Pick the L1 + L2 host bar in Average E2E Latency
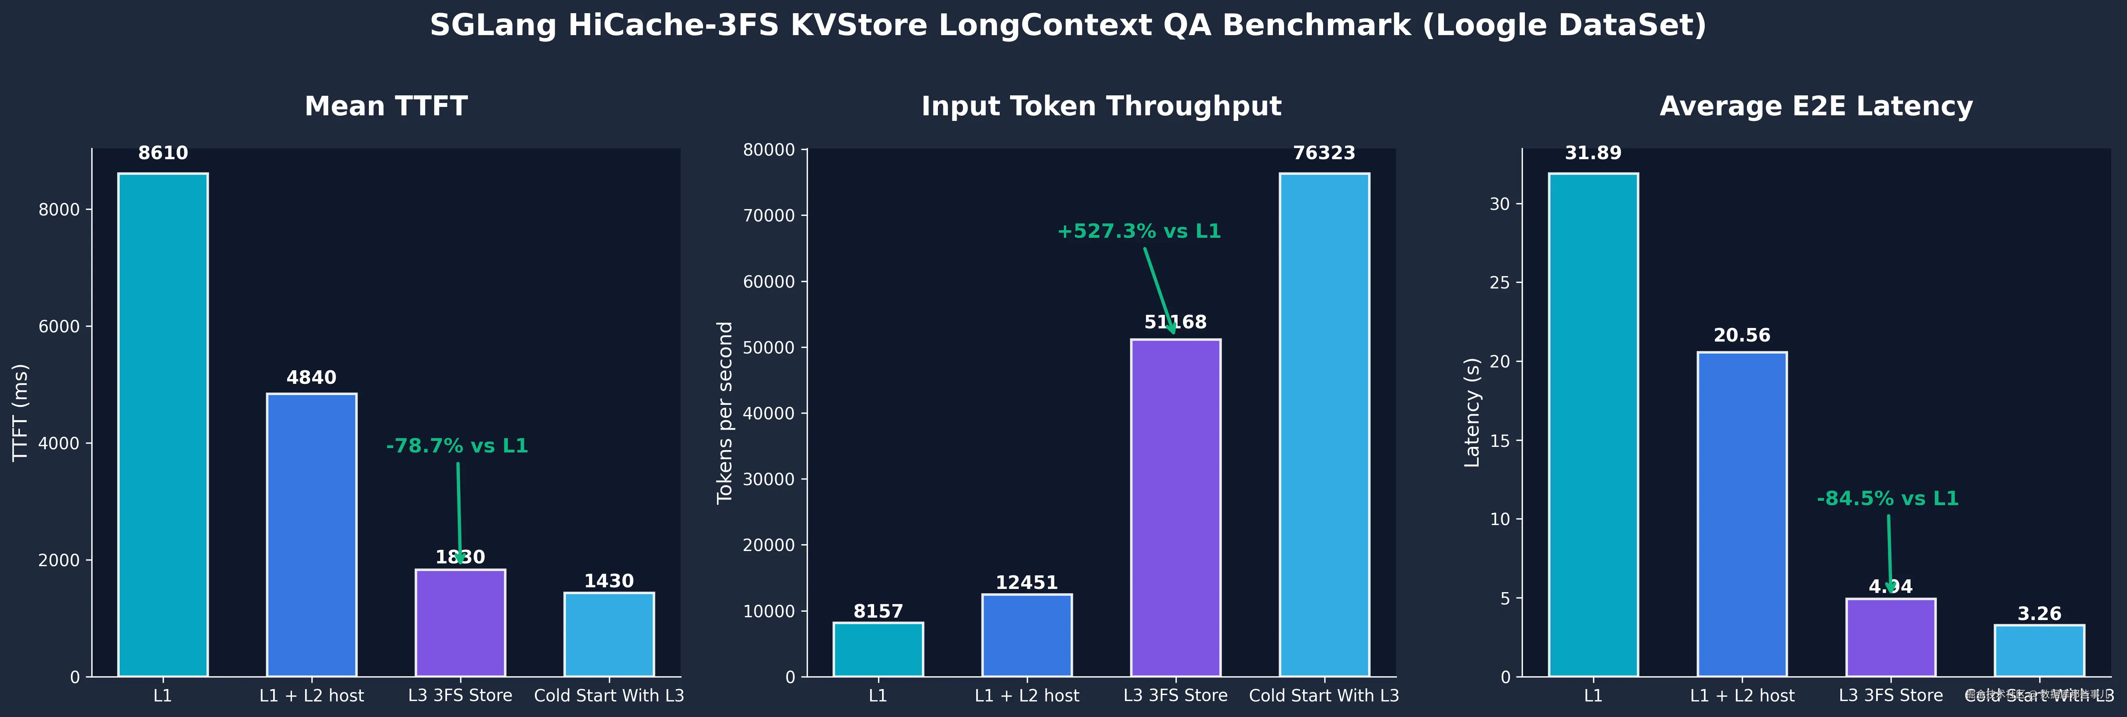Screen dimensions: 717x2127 (x=1741, y=514)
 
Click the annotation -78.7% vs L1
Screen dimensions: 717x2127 (x=457, y=446)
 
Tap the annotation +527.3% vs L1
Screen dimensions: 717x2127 (x=1138, y=231)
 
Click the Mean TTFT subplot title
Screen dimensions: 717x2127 (x=386, y=107)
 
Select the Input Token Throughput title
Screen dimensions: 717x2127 (x=1101, y=107)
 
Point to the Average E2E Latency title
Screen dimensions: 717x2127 (x=1816, y=107)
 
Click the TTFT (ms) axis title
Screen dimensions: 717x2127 (x=21, y=412)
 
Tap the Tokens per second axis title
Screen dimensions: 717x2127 (x=725, y=412)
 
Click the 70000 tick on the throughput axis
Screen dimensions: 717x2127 (x=769, y=215)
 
